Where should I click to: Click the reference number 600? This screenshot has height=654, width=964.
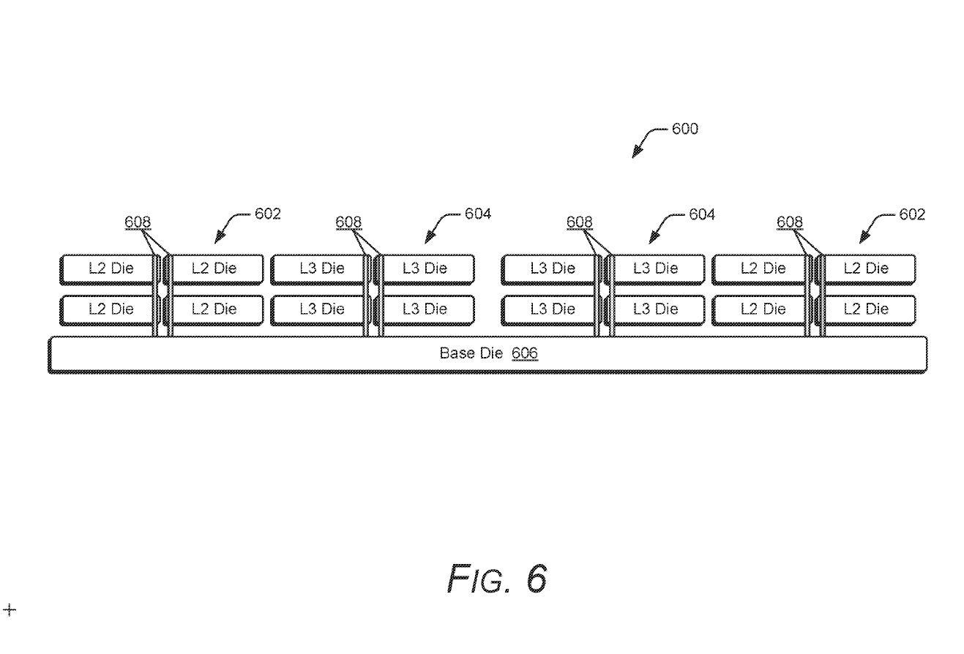coord(685,129)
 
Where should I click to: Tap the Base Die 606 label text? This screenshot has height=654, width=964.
coord(488,353)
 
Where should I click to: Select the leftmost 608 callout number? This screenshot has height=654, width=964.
coord(138,222)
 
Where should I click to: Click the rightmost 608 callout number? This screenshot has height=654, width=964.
coord(790,222)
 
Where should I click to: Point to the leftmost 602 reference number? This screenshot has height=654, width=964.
coord(268,214)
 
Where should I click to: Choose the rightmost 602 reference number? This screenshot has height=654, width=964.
coord(912,214)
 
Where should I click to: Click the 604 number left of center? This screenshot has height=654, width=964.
coord(478,214)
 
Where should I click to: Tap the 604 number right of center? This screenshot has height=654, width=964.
coord(702,214)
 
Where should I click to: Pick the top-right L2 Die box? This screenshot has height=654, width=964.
coord(867,268)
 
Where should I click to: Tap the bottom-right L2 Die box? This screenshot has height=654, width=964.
coord(867,309)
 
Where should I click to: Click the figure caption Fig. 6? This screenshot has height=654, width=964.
coord(497,579)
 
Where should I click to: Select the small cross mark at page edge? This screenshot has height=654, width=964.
coord(10,609)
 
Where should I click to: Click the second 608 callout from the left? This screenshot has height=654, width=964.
coord(349,222)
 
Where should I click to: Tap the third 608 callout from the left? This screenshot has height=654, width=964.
coord(580,222)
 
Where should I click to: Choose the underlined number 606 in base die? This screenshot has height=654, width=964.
coord(524,353)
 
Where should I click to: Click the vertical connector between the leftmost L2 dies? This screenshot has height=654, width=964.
coord(162,296)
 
